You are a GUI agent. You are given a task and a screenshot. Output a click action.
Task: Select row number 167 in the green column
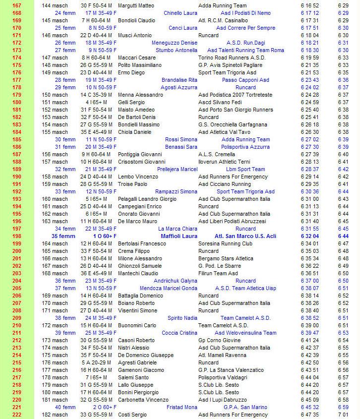(x=16, y=5)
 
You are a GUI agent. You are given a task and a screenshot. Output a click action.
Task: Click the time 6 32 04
(x=309, y=236)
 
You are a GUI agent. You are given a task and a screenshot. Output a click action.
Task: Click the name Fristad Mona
(x=182, y=407)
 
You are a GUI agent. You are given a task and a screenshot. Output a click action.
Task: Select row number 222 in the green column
(x=16, y=415)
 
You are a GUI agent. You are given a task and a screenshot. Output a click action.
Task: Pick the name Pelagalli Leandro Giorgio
(x=147, y=199)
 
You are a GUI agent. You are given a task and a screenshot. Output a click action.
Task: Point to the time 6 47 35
(x=309, y=415)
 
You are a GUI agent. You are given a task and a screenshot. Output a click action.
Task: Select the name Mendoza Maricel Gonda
(x=169, y=288)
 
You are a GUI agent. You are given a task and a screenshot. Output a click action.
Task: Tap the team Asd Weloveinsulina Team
(x=245, y=333)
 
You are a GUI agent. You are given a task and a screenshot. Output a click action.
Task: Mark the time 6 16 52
(x=309, y=5)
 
